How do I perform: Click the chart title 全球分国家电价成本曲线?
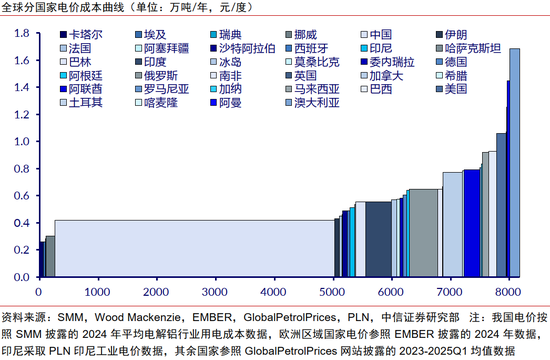click(74, 8)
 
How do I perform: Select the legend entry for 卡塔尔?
click(83, 33)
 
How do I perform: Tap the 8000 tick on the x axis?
click(508, 290)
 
